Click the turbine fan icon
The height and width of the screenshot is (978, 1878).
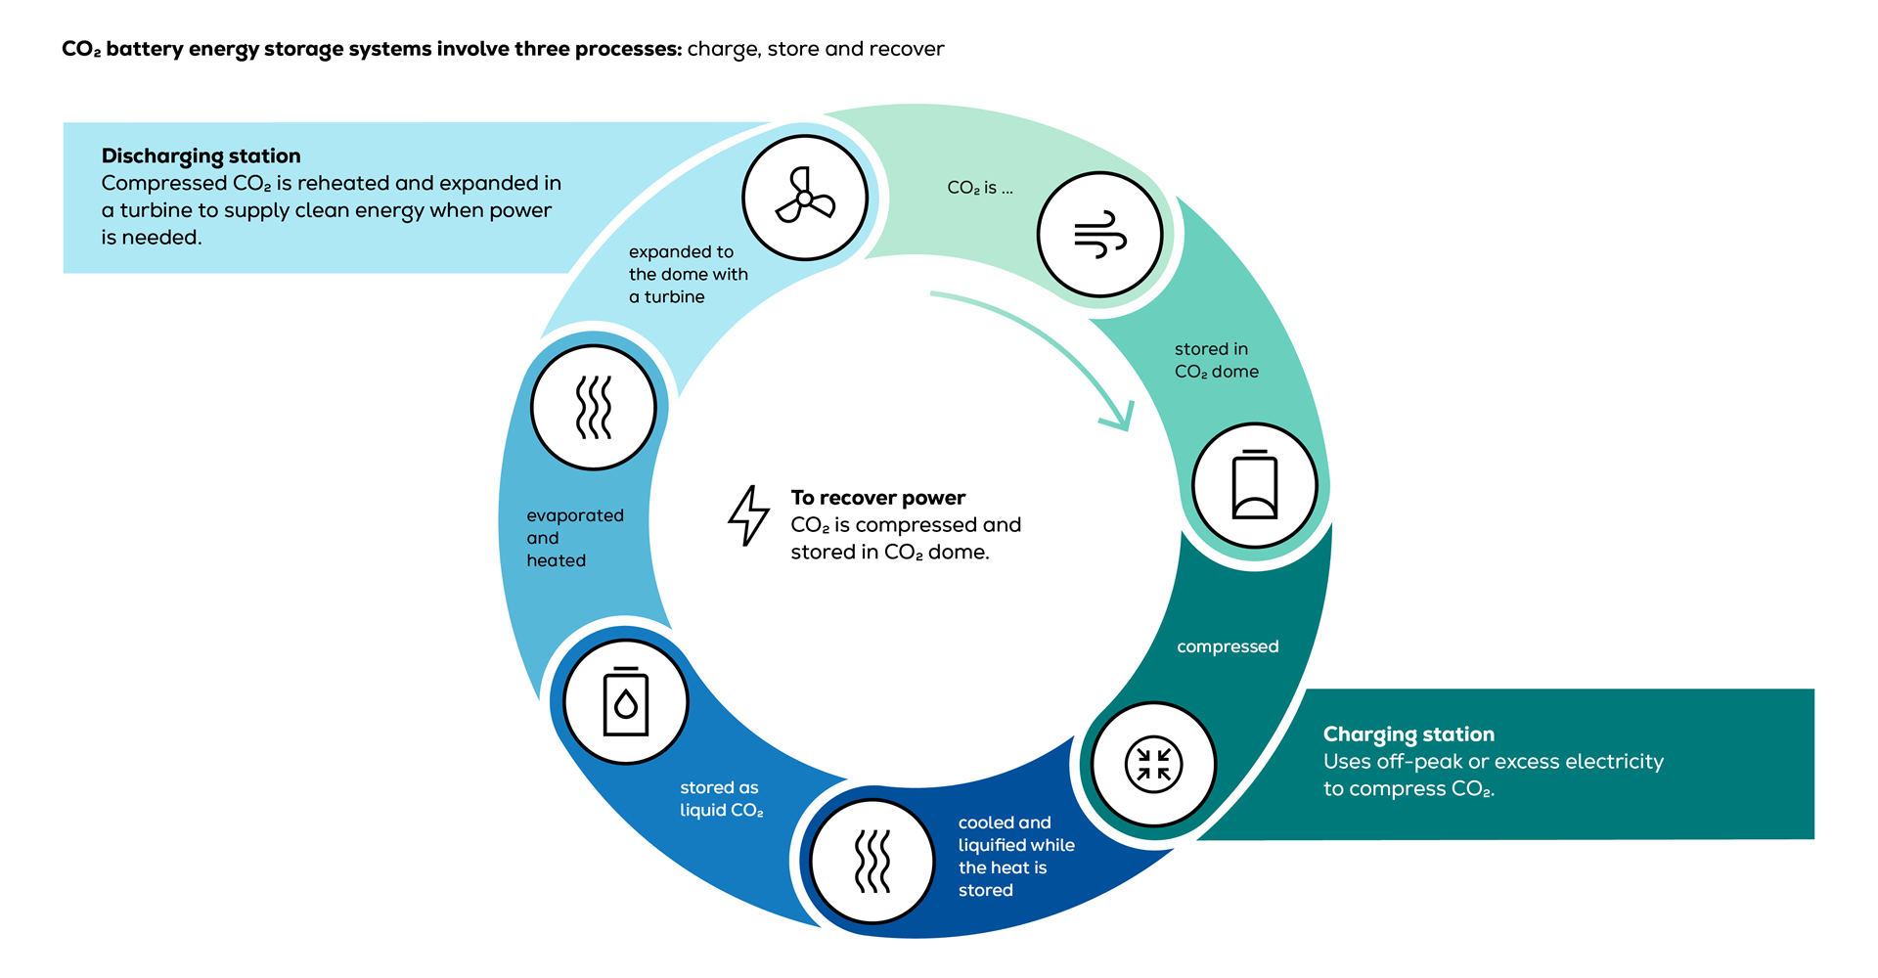click(x=805, y=198)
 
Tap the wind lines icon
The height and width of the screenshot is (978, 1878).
click(x=1100, y=235)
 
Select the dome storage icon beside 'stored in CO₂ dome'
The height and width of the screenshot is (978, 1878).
click(x=1255, y=485)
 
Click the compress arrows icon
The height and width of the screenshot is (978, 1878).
click(x=1154, y=764)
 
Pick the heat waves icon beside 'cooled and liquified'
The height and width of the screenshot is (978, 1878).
click(x=872, y=862)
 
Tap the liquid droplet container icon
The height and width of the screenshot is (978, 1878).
click(x=626, y=702)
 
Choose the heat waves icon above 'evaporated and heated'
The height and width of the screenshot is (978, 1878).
click(x=594, y=407)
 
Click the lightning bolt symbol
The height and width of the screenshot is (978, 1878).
click(x=749, y=515)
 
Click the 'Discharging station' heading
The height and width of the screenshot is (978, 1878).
click(x=201, y=156)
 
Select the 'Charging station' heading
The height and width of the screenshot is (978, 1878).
click(x=1408, y=733)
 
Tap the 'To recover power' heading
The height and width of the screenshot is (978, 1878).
click(x=877, y=498)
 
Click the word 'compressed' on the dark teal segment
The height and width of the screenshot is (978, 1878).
click(x=1228, y=646)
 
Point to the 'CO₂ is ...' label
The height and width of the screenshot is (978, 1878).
click(x=979, y=188)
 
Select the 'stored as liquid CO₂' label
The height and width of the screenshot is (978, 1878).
click(x=721, y=798)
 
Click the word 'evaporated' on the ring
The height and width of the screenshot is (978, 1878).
click(x=575, y=515)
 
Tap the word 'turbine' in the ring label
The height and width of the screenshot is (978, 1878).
click(x=674, y=296)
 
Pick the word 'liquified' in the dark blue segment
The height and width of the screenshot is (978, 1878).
click(x=995, y=845)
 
